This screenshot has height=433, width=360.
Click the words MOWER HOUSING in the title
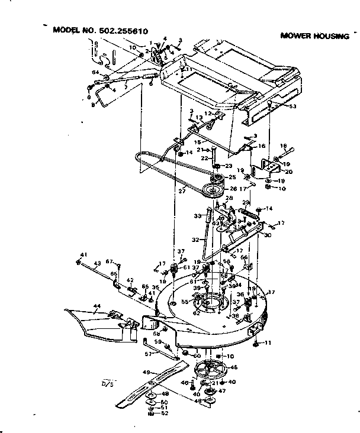coord(314,36)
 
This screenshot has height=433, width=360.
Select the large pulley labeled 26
coord(210,190)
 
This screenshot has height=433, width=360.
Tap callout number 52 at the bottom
coord(158,414)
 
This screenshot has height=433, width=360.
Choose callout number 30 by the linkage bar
coord(268,235)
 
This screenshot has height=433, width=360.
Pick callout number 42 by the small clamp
coord(130,280)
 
